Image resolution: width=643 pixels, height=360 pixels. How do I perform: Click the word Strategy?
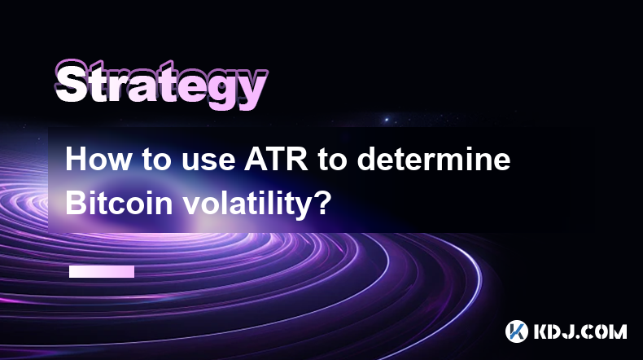pos(161,85)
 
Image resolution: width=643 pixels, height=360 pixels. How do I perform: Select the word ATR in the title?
pos(277,160)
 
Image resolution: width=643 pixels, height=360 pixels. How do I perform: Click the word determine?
pos(434,160)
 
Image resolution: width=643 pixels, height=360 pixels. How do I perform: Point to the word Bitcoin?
pos(119,203)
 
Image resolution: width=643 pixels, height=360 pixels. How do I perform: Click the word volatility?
pos(247,204)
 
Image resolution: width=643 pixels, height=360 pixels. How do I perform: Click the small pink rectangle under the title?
pos(102,272)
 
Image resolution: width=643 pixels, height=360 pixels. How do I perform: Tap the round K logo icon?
pos(517,331)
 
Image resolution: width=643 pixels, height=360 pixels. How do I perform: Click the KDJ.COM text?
pos(580,331)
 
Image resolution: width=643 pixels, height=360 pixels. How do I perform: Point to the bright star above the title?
pos(387,120)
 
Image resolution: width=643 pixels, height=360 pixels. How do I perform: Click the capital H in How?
pos(77,160)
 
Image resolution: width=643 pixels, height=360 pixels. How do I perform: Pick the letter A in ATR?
pos(256,160)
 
